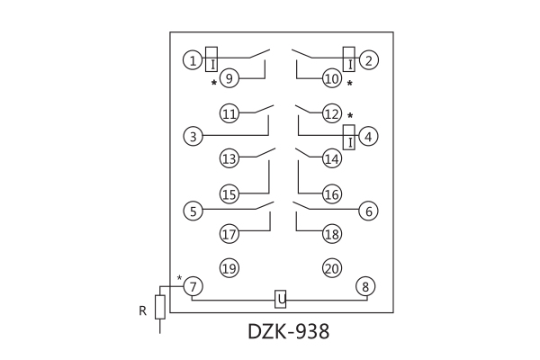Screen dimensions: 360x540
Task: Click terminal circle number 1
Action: coord(193,61)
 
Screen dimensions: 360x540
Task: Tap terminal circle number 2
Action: coord(368,61)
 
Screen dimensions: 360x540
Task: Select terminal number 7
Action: coord(193,286)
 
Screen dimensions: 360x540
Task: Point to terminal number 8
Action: coord(365,286)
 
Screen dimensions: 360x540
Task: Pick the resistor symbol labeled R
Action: coord(160,307)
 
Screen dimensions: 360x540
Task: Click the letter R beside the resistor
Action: coord(142,311)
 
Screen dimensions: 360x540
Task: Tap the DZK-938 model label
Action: coord(288,331)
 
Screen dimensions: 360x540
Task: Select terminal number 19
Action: coord(229,268)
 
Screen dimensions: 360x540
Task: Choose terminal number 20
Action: coord(332,268)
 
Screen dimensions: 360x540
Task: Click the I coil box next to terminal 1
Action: coord(212,58)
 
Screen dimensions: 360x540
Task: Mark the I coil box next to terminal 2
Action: coord(348,57)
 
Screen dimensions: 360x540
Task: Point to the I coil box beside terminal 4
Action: coord(348,137)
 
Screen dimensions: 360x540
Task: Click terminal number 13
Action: coord(229,159)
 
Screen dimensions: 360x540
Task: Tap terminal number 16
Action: coord(332,194)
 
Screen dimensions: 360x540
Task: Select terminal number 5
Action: coord(193,212)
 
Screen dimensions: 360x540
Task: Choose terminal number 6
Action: coord(367,212)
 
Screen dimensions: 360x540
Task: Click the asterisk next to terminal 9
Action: coord(214,83)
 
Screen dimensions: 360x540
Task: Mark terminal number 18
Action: coord(332,234)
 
